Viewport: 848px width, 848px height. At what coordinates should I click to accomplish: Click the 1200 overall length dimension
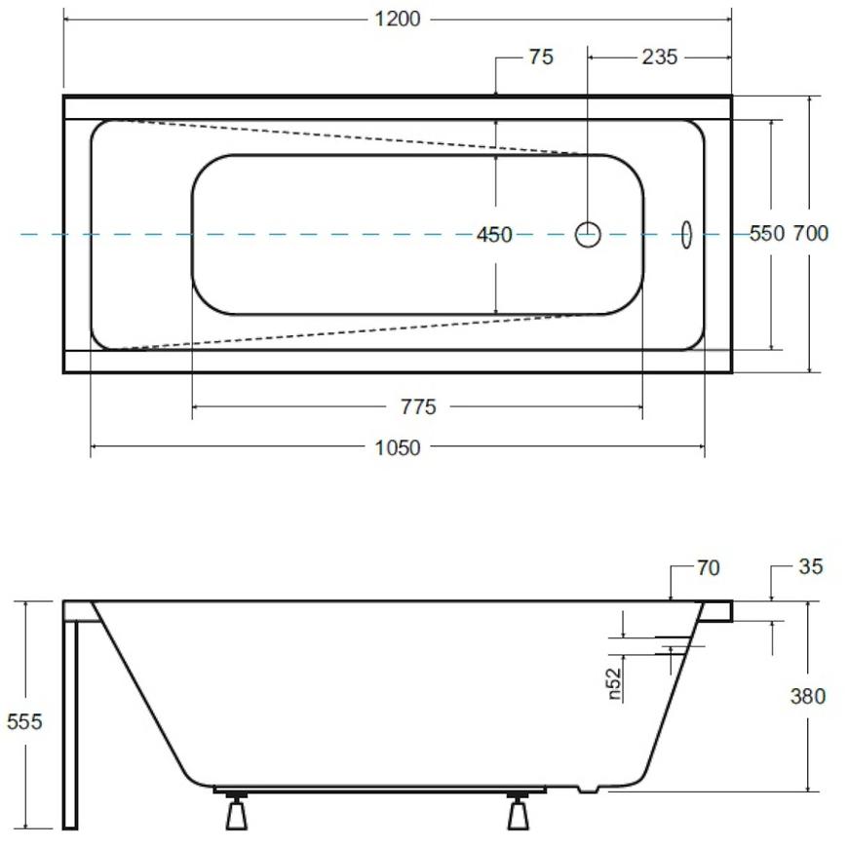[398, 19]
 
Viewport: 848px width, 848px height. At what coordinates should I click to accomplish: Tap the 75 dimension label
[541, 57]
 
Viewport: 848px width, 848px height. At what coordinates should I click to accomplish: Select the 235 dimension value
[659, 57]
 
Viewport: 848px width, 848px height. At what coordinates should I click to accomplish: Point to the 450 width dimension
[494, 235]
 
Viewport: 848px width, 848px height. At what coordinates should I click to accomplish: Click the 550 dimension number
[767, 234]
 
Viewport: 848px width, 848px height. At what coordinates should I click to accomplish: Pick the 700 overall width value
[811, 234]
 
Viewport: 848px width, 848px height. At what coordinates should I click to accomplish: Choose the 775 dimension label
[418, 406]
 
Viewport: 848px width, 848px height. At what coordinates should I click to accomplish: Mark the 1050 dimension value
[398, 447]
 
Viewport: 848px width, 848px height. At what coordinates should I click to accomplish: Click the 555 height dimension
[24, 721]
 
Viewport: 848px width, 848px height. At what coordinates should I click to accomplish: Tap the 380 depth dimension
[808, 696]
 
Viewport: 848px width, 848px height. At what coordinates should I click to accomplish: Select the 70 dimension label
[708, 568]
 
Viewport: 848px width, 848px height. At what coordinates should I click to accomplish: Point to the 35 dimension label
[811, 566]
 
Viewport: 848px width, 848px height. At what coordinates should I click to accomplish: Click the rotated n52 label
[614, 683]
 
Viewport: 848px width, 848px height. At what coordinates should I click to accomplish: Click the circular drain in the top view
[588, 235]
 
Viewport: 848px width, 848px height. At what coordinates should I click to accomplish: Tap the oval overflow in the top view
[686, 235]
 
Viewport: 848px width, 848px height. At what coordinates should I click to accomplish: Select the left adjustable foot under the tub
[236, 812]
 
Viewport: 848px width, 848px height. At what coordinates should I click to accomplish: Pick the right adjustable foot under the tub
[519, 812]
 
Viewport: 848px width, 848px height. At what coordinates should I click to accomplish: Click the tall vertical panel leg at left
[70, 724]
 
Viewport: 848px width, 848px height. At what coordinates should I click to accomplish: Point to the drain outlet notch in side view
[589, 790]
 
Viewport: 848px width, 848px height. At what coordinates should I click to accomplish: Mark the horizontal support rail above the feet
[380, 790]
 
